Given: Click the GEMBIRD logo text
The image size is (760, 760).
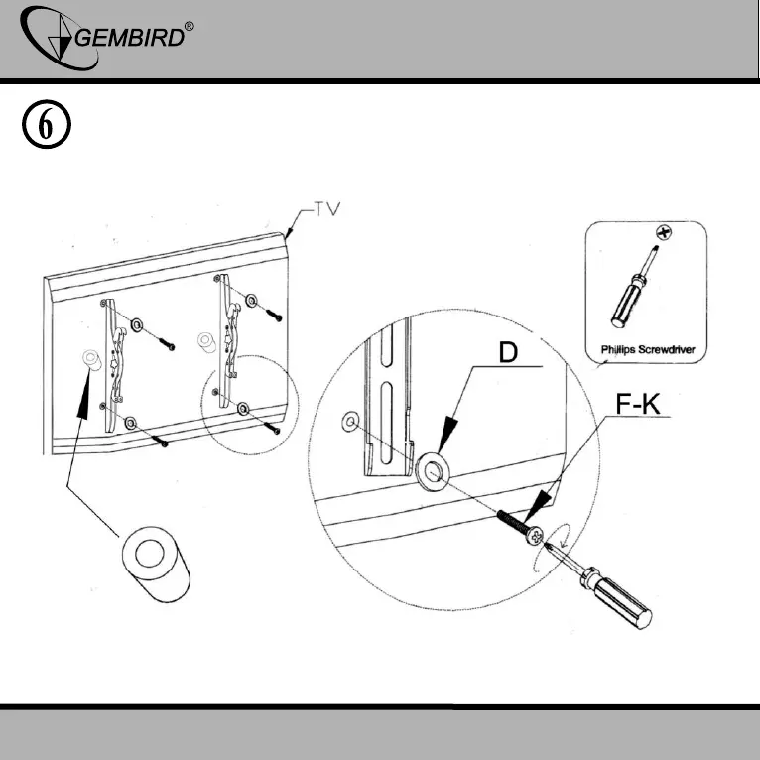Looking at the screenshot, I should click(128, 39).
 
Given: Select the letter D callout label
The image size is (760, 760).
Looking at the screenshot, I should click(507, 354).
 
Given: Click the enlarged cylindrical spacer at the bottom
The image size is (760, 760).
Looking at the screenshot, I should click(153, 563).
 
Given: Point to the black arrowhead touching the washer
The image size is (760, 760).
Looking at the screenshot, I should click(443, 435).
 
